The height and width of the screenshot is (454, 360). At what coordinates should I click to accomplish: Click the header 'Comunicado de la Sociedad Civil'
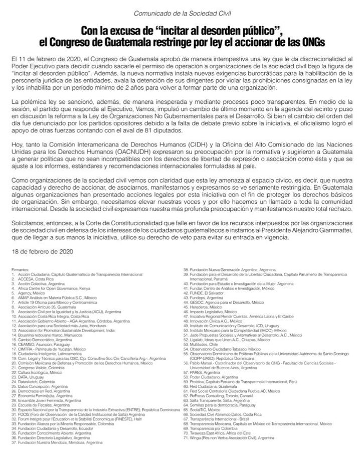coord(179,13)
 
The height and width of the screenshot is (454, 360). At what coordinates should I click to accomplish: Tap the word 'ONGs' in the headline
coord(310,40)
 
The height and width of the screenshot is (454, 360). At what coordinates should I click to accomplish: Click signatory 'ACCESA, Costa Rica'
coord(35,278)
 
